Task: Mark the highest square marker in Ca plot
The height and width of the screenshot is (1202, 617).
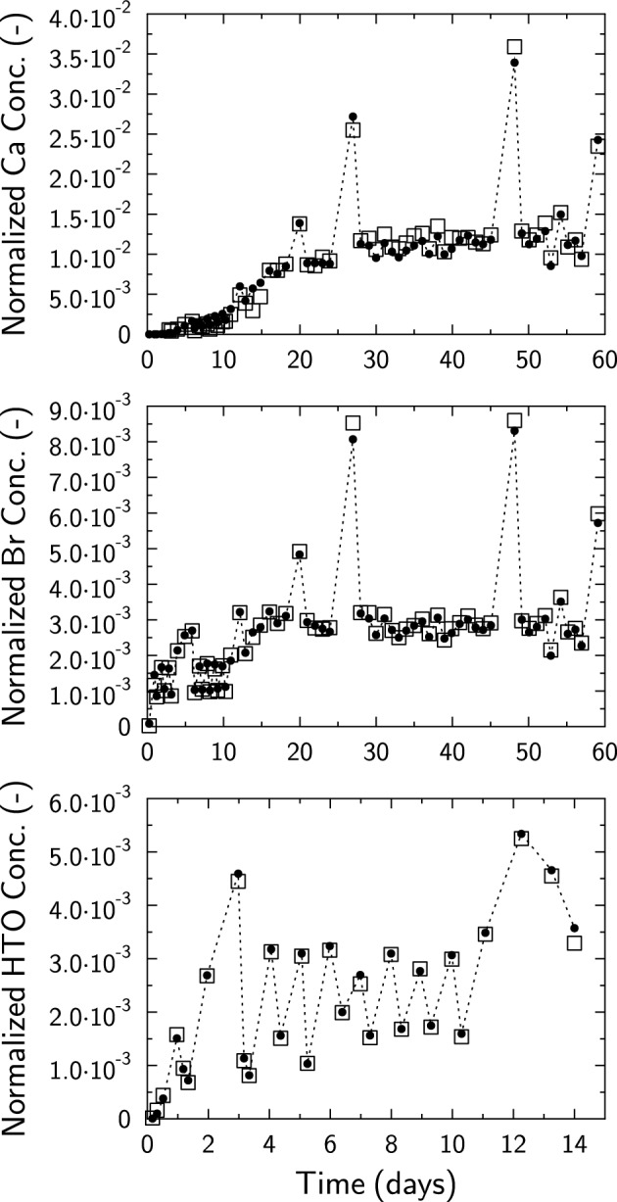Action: [x=514, y=47]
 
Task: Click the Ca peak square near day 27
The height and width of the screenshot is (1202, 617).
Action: [x=353, y=129]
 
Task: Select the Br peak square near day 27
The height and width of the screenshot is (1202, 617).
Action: [x=353, y=423]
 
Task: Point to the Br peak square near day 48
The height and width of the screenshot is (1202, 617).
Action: [x=514, y=420]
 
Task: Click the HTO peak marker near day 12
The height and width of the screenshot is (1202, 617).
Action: [x=521, y=838]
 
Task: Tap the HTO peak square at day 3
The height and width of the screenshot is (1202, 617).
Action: [x=238, y=881]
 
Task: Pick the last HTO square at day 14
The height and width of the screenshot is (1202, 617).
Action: [x=575, y=942]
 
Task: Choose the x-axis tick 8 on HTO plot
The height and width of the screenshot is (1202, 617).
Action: [x=391, y=1145]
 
